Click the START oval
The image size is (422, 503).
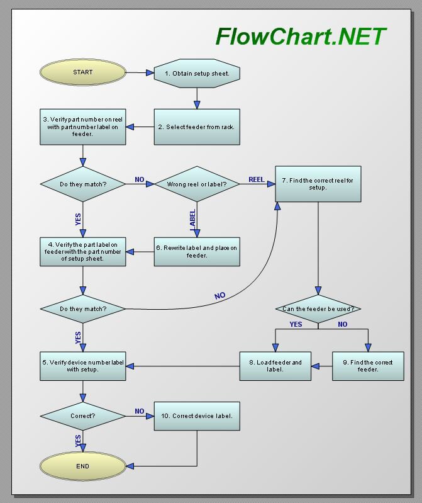[82, 72]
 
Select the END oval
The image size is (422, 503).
[82, 466]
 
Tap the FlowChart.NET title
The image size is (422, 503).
[301, 37]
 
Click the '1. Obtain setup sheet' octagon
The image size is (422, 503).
[197, 73]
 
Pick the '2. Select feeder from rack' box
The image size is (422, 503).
[197, 127]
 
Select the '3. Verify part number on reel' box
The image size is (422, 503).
[82, 127]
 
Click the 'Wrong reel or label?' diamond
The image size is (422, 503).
[197, 184]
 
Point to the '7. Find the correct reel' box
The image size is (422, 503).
[318, 184]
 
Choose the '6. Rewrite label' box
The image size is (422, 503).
[197, 251]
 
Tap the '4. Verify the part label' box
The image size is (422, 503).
[82, 251]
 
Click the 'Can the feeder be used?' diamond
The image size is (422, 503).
[318, 309]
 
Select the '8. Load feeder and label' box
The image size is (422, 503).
[275, 366]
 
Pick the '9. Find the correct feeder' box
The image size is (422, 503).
[368, 366]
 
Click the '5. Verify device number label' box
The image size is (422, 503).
[82, 366]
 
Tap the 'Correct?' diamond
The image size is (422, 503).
[82, 416]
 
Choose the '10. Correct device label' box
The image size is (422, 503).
[197, 416]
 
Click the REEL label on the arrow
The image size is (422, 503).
[256, 179]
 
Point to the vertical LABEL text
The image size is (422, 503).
[192, 218]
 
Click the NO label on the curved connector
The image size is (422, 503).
[219, 295]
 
